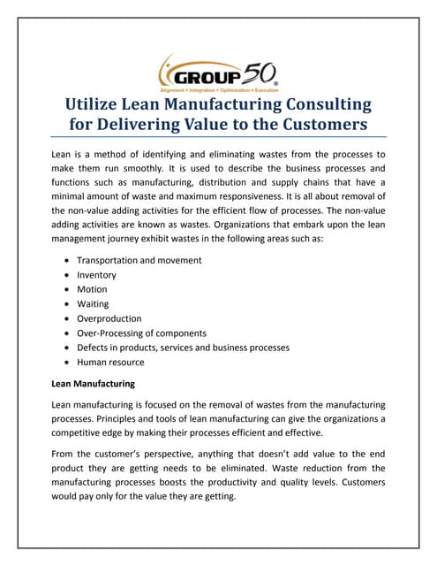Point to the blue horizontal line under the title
click(218, 138)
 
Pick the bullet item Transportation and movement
click(139, 261)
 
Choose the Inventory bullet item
click(96, 275)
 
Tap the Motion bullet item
click(92, 290)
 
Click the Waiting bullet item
click(94, 304)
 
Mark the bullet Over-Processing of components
click(141, 333)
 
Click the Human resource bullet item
click(110, 363)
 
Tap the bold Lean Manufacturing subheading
click(94, 384)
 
